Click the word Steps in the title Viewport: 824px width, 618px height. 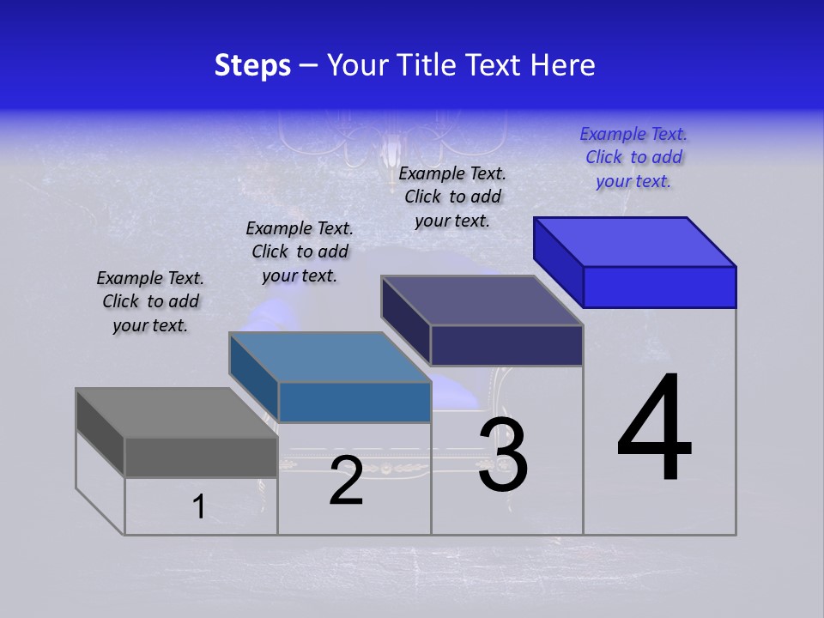[252, 65]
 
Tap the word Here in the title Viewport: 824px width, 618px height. [561, 65]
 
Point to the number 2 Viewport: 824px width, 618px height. [346, 481]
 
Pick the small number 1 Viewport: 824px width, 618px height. [199, 506]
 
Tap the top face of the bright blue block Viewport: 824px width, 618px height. [635, 241]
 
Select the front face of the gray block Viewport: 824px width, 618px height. [201, 457]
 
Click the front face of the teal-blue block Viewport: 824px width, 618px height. [354, 402]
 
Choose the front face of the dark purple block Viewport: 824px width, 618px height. [506, 345]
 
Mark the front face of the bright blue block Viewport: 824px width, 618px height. [659, 287]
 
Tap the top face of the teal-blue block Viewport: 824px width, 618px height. [330, 357]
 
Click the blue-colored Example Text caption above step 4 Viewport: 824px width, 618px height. [633, 157]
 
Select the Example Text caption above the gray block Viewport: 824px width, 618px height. [150, 301]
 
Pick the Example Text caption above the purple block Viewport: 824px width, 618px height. [452, 197]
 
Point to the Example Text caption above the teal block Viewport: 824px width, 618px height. [300, 251]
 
